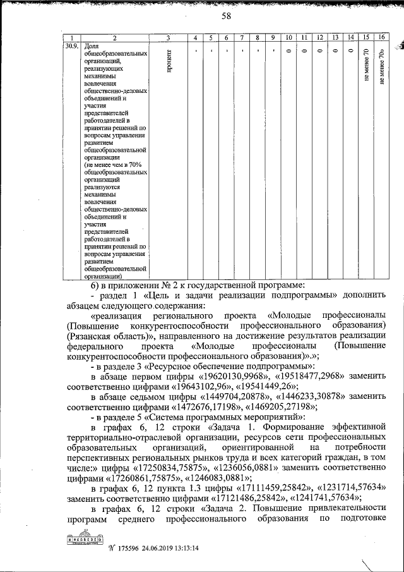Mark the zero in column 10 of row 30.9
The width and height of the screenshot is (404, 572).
[x=288, y=51]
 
